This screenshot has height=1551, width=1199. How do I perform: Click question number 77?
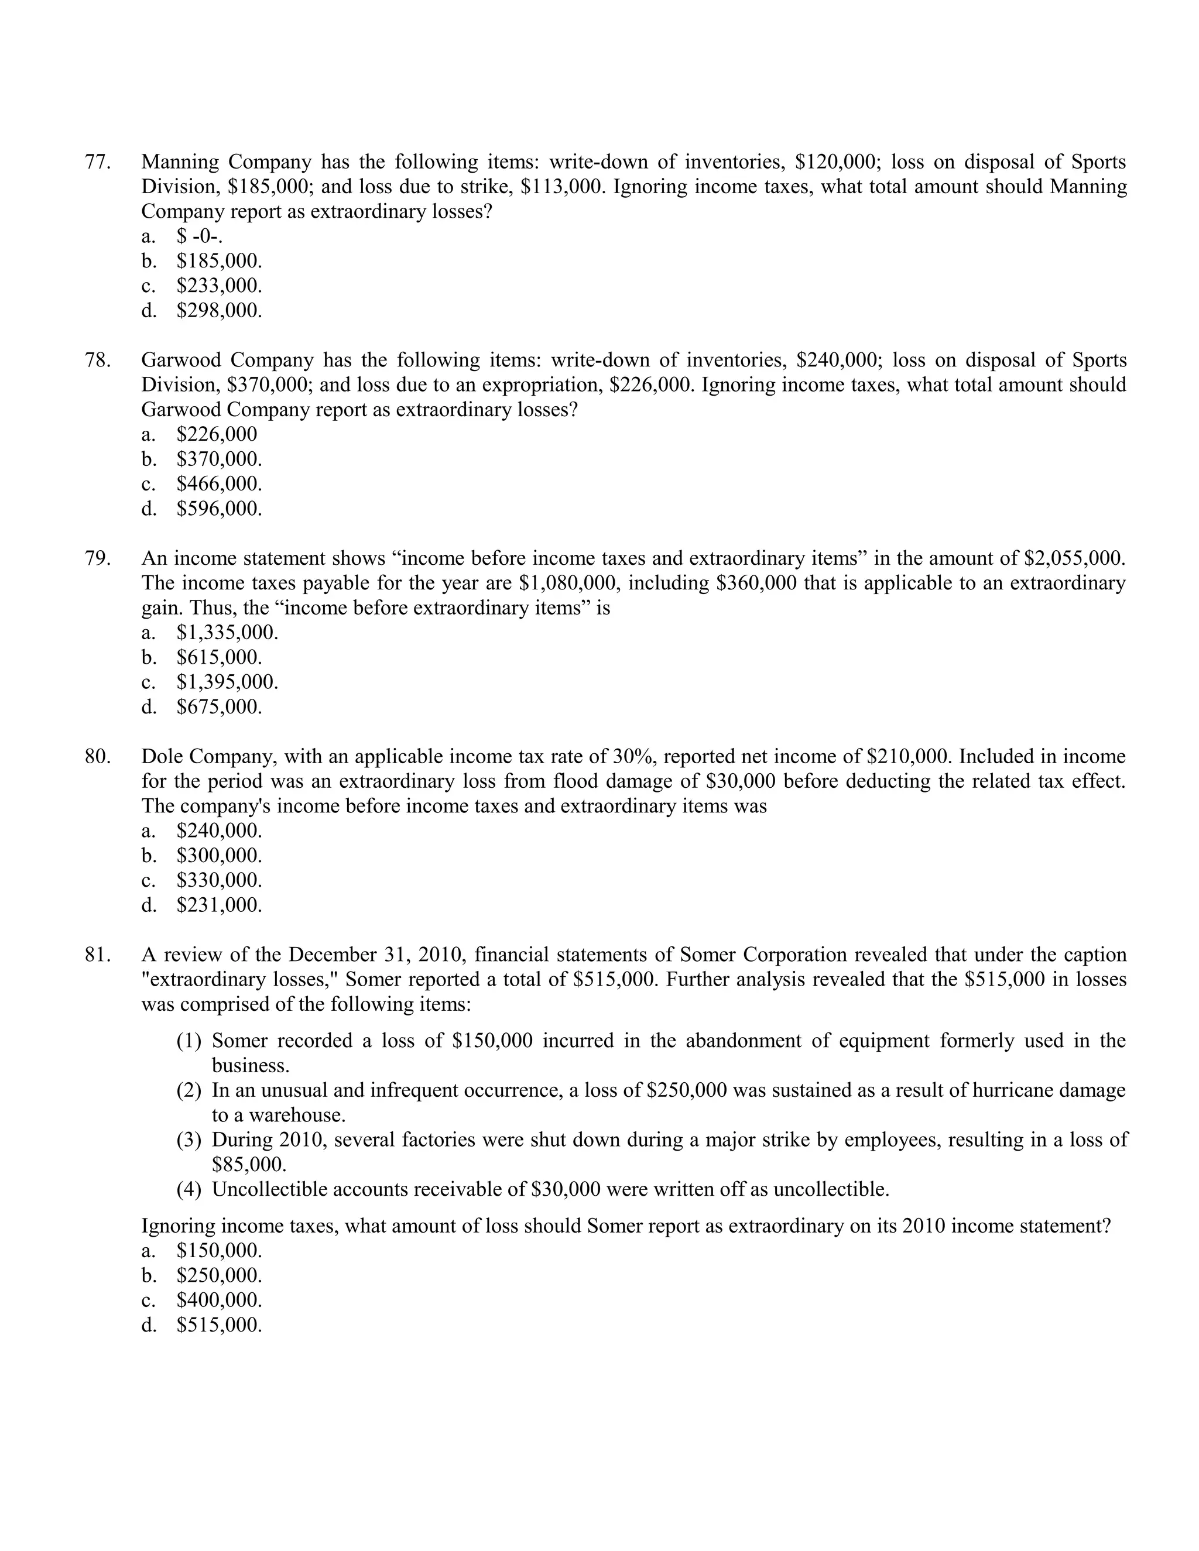point(98,162)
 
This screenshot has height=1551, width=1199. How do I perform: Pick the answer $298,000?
point(219,310)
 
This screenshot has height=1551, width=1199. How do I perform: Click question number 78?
point(98,360)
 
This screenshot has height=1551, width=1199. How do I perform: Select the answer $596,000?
point(219,509)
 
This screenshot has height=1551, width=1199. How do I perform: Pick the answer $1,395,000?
point(227,682)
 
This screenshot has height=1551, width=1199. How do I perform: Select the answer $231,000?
point(219,905)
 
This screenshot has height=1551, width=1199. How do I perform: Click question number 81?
point(98,955)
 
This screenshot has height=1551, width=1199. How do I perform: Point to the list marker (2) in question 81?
point(189,1090)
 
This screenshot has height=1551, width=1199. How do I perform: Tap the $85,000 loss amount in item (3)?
point(249,1165)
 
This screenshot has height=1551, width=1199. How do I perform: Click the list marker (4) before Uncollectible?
point(189,1189)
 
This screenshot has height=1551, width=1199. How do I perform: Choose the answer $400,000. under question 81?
point(219,1300)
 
